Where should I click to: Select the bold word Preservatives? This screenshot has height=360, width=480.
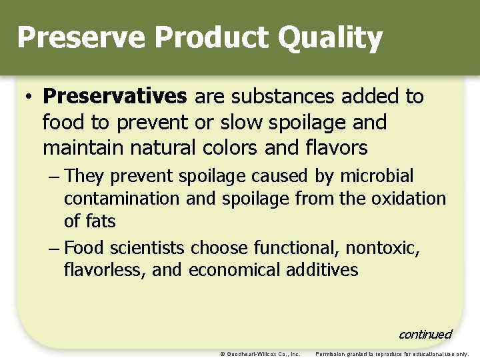point(115,97)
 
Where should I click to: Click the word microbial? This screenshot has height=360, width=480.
point(377,177)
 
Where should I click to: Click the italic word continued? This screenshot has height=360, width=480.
point(425,334)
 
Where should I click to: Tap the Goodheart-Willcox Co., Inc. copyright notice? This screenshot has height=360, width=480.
point(260,354)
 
